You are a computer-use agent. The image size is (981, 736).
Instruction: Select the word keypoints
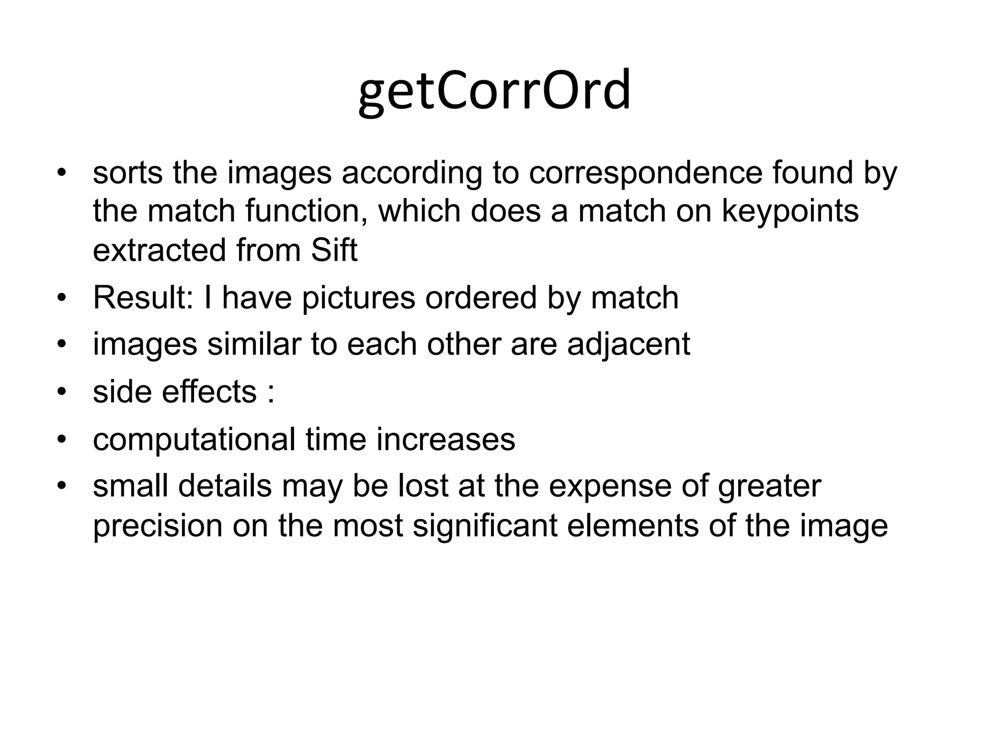(790, 211)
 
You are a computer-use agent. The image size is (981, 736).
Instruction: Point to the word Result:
(143, 298)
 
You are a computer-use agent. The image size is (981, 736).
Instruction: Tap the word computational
(194, 440)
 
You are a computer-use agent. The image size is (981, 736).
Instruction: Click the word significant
(485, 525)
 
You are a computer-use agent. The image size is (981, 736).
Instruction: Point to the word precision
(158, 526)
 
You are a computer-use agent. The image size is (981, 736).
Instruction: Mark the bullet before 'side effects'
(61, 392)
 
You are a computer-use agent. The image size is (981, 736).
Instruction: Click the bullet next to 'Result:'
(61, 298)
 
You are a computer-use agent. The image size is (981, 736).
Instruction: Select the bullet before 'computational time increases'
(61, 439)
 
